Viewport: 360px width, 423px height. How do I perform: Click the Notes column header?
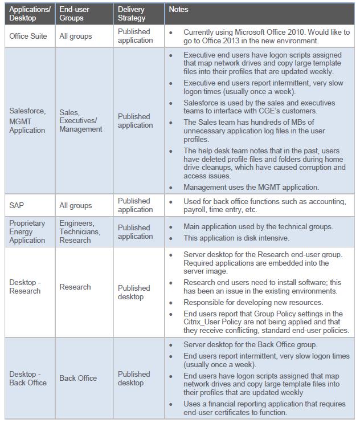pyautogui.click(x=178, y=10)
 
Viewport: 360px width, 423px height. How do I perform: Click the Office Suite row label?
pyautogui.click(x=28, y=36)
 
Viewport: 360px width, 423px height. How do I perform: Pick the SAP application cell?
pyautogui.click(x=17, y=205)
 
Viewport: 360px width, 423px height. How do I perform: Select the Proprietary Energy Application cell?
pyautogui.click(x=27, y=231)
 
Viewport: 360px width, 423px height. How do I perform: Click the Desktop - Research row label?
pyautogui.click(x=25, y=287)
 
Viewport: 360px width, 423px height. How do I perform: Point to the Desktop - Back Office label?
pyautogui.click(x=28, y=379)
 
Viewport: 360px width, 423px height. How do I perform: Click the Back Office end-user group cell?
pyautogui.click(x=78, y=379)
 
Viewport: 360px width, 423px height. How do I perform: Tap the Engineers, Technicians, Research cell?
pyautogui.click(x=80, y=231)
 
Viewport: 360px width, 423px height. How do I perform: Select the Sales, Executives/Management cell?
pyautogui.click(x=81, y=121)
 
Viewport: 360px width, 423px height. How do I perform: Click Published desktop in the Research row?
pyautogui.click(x=134, y=292)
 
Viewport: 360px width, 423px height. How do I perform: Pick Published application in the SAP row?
pyautogui.click(x=135, y=205)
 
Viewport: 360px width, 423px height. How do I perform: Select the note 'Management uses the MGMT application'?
pyautogui.click(x=251, y=187)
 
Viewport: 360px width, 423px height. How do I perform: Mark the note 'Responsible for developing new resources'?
pyautogui.click(x=253, y=302)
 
